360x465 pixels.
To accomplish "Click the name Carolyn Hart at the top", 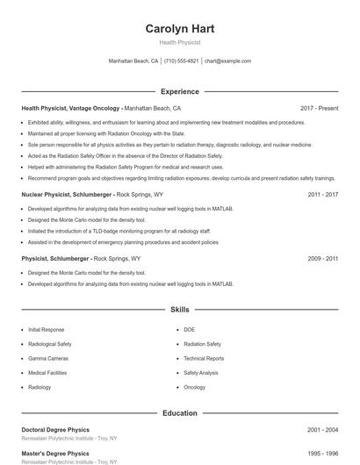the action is (179, 28).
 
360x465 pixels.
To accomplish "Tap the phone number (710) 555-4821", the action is (182, 61).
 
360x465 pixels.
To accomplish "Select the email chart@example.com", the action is (227, 61).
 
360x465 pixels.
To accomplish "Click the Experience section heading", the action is (179, 91).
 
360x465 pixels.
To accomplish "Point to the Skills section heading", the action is (179, 310).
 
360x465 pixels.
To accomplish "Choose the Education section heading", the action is (179, 412).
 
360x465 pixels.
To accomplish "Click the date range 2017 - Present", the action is (319, 108).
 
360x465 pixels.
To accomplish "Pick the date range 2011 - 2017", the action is (323, 194).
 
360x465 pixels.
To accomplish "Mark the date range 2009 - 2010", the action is (323, 259).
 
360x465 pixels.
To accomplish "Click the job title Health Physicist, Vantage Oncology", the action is (70, 108).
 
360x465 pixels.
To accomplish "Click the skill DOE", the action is (189, 329).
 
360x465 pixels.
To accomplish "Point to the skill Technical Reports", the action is (204, 358).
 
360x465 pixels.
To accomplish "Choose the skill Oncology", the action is (194, 387).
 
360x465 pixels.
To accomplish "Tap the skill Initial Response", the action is (46, 329).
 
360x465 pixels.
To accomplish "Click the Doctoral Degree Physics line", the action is (57, 430).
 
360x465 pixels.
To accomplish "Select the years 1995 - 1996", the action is (323, 454).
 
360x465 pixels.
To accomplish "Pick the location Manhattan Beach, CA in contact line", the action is (133, 61).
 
